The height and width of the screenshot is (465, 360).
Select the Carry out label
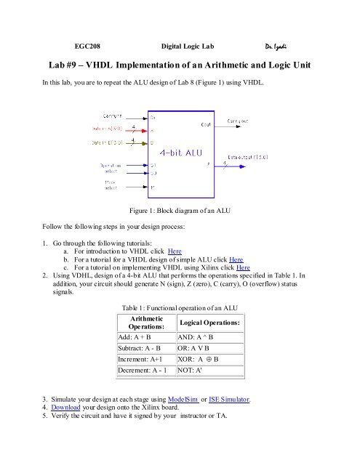pos(240,121)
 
